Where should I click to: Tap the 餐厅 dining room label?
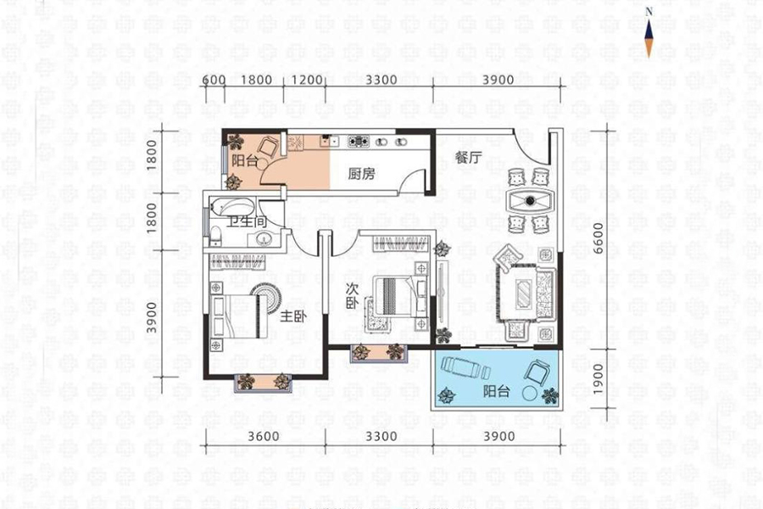[468, 157]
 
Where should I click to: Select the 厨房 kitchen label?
[361, 173]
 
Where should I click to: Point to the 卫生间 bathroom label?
[248, 221]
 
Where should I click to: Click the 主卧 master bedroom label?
[293, 316]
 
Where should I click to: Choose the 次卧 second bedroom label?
[352, 296]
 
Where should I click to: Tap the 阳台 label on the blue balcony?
[496, 390]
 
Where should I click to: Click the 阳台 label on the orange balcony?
[244, 160]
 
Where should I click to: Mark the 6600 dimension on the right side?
[598, 238]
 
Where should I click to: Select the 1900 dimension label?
[598, 379]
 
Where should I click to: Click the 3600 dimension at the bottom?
[264, 436]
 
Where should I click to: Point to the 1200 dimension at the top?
[307, 80]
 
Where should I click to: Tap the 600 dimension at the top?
[214, 80]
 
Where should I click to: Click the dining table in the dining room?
[530, 200]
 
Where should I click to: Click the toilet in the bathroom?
[216, 236]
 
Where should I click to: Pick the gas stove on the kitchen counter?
[358, 142]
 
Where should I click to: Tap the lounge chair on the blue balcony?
[464, 367]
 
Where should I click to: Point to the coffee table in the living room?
[524, 294]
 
